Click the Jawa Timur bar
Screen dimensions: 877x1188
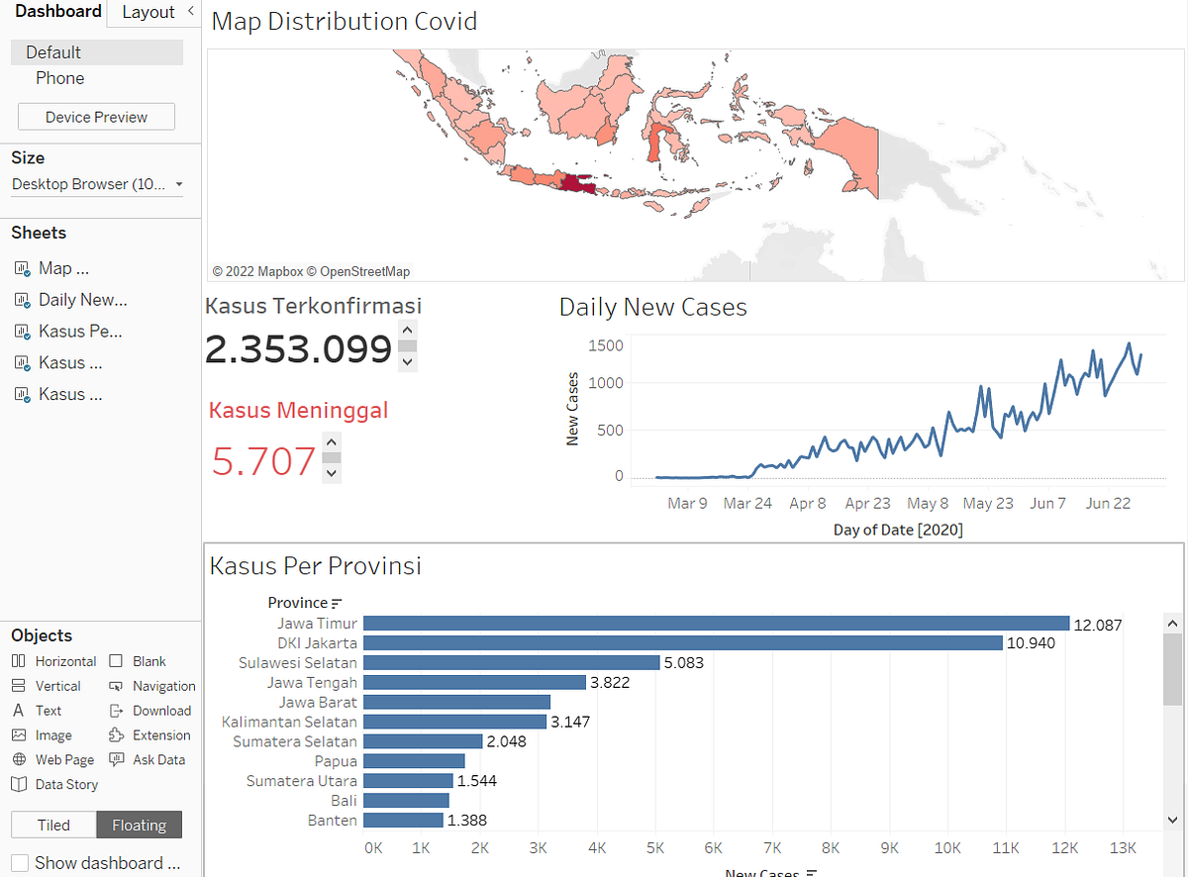(716, 623)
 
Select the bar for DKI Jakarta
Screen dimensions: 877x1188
(682, 642)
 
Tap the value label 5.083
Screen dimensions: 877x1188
(684, 662)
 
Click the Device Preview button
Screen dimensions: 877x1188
(96, 117)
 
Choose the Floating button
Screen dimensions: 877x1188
(139, 825)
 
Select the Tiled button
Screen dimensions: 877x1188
(53, 825)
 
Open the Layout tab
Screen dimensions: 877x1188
(148, 12)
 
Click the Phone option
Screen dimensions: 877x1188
(60, 78)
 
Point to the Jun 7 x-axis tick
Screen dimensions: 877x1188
(1047, 503)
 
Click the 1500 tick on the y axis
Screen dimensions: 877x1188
(605, 345)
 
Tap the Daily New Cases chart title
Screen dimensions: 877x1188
(652, 307)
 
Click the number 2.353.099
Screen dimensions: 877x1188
(298, 349)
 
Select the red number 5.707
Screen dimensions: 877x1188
(263, 461)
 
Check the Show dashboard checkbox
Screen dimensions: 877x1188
(20, 862)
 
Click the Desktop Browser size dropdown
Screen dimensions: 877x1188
(97, 184)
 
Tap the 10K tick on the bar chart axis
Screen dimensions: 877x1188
(947, 848)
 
